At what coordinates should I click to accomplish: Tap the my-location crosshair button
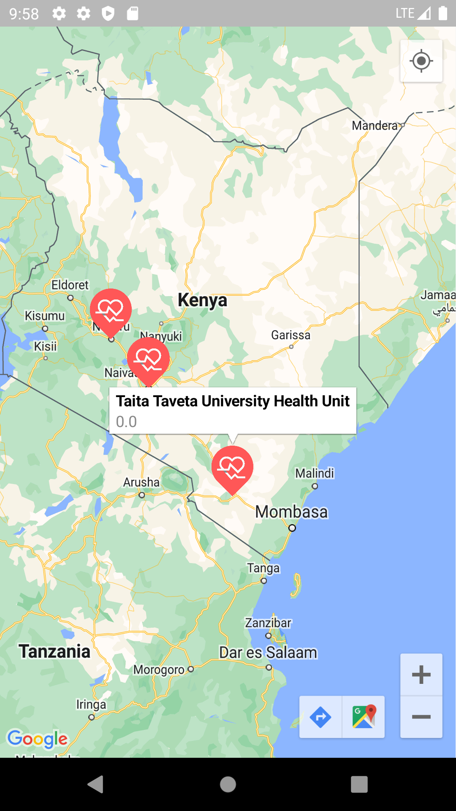click(x=421, y=61)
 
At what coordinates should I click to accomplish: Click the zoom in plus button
click(x=421, y=675)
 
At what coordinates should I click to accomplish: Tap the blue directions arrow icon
click(x=320, y=717)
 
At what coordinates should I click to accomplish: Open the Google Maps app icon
click(x=364, y=717)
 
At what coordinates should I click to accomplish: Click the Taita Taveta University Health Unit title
click(x=233, y=401)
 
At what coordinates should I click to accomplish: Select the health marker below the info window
click(x=232, y=467)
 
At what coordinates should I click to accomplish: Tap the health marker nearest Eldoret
click(x=111, y=310)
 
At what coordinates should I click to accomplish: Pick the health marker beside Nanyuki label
click(x=148, y=359)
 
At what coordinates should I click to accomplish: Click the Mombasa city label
click(x=291, y=512)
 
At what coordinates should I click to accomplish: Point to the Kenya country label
click(x=202, y=300)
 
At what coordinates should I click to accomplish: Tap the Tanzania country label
click(x=54, y=651)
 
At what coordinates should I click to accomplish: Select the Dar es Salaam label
click(x=268, y=653)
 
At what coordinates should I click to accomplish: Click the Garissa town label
click(x=290, y=335)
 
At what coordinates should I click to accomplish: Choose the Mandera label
click(x=375, y=125)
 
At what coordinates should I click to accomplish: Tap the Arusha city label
click(x=141, y=482)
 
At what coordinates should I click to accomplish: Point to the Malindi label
click(x=315, y=473)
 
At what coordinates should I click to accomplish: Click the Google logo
click(x=38, y=739)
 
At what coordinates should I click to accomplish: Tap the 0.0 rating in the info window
click(x=126, y=422)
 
